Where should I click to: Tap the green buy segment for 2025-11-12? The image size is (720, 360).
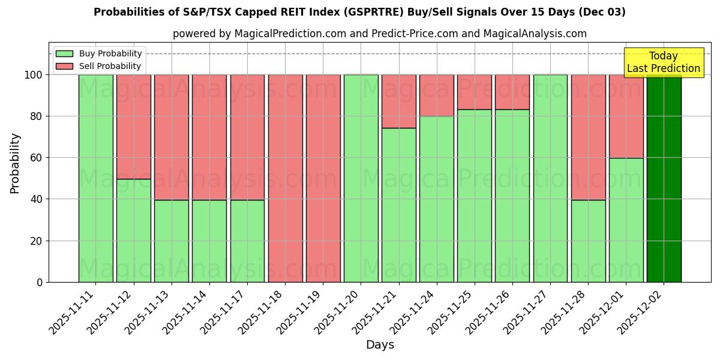(133, 230)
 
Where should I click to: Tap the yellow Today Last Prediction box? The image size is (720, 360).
(663, 62)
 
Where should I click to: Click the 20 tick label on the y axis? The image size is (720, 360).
(36, 241)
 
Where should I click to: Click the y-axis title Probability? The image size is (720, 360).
(15, 163)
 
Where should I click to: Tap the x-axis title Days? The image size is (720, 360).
(379, 345)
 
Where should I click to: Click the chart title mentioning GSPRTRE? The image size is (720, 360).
(359, 12)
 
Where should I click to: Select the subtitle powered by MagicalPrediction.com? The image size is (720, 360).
(379, 34)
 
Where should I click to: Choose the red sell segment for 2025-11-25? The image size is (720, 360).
(474, 92)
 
